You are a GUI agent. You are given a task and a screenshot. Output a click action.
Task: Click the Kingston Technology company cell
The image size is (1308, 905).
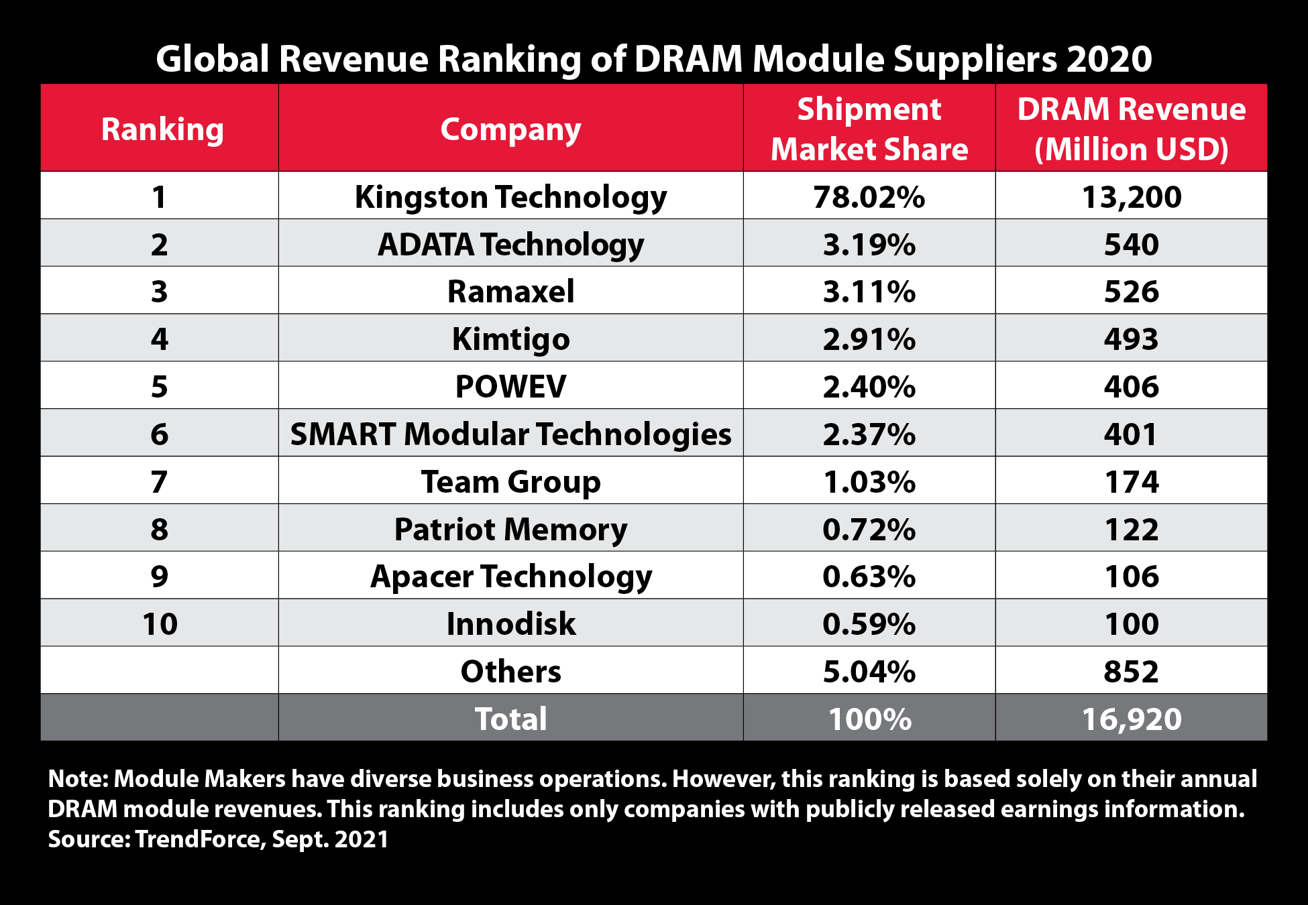click(510, 196)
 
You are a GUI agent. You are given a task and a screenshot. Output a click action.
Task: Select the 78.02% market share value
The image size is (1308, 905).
click(869, 196)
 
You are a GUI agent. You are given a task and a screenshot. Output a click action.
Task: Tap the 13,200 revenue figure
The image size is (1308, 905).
click(1131, 196)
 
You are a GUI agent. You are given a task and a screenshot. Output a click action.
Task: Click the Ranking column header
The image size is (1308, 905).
click(162, 129)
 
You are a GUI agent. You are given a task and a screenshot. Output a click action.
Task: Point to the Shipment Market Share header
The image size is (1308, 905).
click(869, 129)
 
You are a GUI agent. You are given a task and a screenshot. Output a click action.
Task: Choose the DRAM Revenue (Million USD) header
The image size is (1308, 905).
click(1131, 129)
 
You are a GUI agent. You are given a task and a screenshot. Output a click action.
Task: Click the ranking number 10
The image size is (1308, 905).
click(160, 623)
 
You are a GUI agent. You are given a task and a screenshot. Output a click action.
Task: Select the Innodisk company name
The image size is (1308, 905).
click(510, 623)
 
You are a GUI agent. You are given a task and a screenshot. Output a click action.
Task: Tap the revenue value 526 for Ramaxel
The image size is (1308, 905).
click(1131, 292)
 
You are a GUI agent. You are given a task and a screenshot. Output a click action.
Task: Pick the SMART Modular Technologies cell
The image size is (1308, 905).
click(510, 434)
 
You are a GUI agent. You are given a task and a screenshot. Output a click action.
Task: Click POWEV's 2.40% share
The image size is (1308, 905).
click(869, 387)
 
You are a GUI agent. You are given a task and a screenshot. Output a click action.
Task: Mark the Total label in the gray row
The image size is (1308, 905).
click(510, 719)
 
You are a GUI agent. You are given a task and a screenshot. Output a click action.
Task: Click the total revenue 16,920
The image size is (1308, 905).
click(1131, 719)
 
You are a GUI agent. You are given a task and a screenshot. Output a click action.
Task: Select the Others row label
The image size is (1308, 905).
click(510, 671)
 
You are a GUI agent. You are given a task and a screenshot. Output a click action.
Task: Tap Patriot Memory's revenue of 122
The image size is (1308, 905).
click(1131, 529)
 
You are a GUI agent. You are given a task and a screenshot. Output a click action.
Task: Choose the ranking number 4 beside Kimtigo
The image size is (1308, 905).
click(159, 339)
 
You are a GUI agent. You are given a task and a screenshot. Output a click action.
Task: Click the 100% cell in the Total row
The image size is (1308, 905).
click(869, 719)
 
